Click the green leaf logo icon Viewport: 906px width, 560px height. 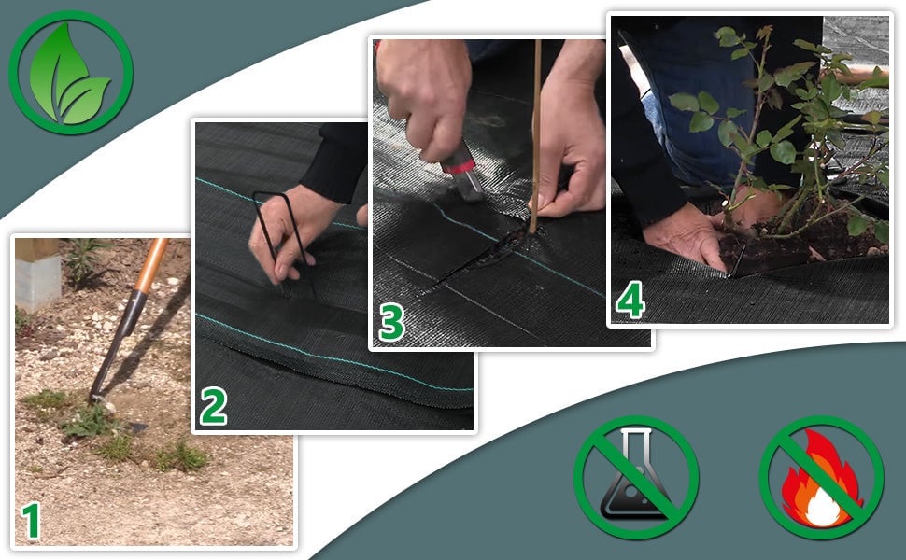[70, 73]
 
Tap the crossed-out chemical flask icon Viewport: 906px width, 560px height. [636, 478]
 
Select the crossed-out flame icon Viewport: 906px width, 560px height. [821, 478]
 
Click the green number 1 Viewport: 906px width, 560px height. [32, 522]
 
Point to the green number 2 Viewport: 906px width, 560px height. [214, 406]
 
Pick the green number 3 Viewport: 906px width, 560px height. [391, 322]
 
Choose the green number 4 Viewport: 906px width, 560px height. [630, 301]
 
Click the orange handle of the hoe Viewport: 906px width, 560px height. [150, 266]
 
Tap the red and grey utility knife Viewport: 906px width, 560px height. [462, 170]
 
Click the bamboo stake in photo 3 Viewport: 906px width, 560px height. [536, 136]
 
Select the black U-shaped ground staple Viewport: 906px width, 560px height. [283, 244]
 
